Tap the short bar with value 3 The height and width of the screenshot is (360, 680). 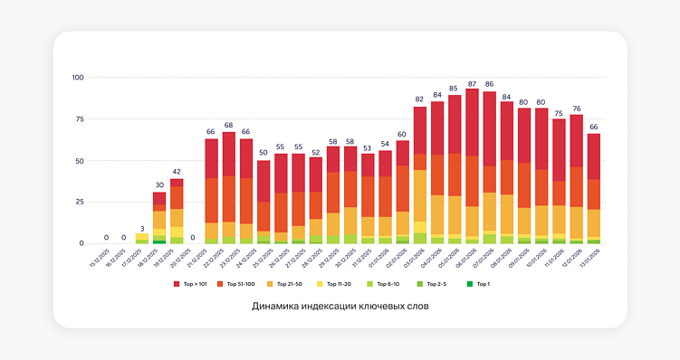[142, 239]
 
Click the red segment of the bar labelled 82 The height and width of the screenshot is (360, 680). [420, 130]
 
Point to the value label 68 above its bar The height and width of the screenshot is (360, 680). [229, 125]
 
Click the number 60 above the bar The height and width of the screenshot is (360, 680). [402, 134]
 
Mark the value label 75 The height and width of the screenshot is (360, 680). [559, 113]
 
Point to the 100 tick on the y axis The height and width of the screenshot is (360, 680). [78, 77]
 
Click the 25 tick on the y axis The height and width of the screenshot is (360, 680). [80, 202]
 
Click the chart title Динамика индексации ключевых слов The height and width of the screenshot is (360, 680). [340, 307]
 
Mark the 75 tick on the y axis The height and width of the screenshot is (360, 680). [80, 118]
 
